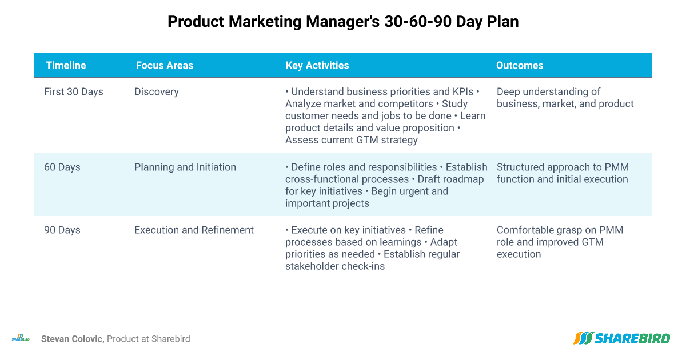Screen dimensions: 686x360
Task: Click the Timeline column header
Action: coord(66,65)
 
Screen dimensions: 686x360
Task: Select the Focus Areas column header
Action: coord(165,65)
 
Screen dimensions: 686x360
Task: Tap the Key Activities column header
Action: coord(317,65)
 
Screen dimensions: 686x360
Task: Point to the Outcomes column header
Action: coord(520,65)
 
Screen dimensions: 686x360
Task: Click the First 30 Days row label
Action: coord(74,91)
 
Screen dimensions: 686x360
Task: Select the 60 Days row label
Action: coord(62,167)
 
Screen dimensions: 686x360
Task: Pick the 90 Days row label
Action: coord(62,230)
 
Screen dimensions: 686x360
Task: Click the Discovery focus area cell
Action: coord(157,91)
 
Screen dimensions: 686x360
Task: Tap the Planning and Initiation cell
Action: coord(185,167)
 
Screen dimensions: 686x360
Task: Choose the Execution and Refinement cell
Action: coord(194,230)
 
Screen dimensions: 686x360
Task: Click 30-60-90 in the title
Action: coord(418,22)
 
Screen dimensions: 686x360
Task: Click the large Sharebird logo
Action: coord(621,338)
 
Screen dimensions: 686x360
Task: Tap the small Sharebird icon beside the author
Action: coord(21,338)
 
